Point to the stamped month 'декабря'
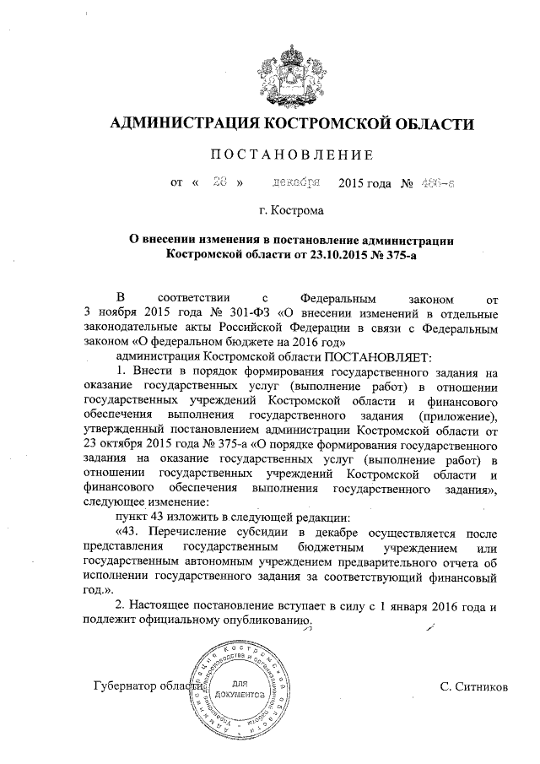pyautogui.click(x=295, y=182)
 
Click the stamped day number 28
pyautogui.click(x=222, y=182)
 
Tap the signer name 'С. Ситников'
pyautogui.click(x=474, y=688)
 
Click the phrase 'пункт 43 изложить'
pyautogui.click(x=170, y=517)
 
